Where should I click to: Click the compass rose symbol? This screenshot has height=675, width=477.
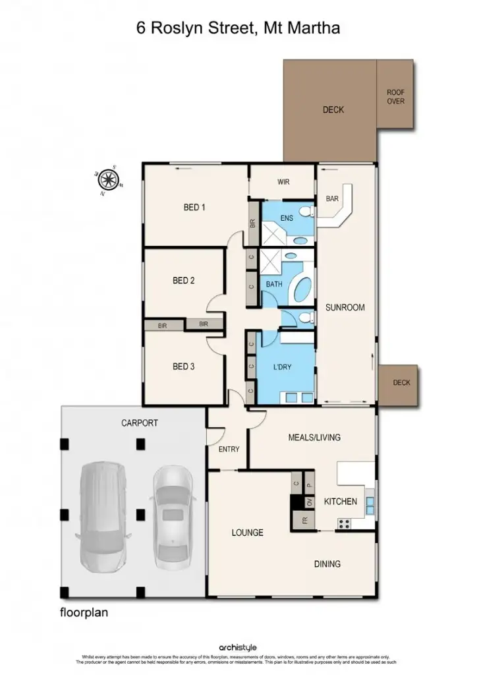pyautogui.click(x=109, y=179)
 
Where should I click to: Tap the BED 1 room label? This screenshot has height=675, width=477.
pyautogui.click(x=194, y=208)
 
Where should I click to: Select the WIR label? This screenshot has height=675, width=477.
pyautogui.click(x=284, y=182)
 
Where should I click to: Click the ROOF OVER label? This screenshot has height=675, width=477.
pyautogui.click(x=395, y=97)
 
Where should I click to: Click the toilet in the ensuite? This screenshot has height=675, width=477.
pyautogui.click(x=305, y=212)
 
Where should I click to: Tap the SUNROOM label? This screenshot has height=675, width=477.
pyautogui.click(x=345, y=307)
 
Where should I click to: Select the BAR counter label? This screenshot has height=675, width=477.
pyautogui.click(x=333, y=198)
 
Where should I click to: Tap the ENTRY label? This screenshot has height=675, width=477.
pyautogui.click(x=229, y=450)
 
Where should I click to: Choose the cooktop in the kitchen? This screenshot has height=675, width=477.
pyautogui.click(x=344, y=523)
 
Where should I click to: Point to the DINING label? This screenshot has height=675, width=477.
pyautogui.click(x=327, y=564)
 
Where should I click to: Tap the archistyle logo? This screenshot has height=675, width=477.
pyautogui.click(x=238, y=648)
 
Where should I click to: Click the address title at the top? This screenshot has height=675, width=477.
pyautogui.click(x=238, y=28)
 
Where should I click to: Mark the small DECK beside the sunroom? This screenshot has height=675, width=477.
pyautogui.click(x=401, y=383)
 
